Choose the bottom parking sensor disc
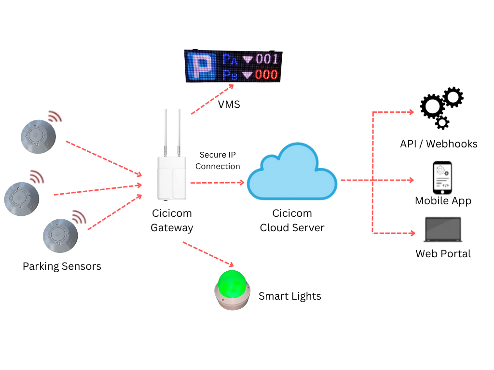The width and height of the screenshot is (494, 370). [60, 235]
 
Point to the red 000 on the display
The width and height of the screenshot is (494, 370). [266, 75]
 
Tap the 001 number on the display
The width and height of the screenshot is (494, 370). [267, 59]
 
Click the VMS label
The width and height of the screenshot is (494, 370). [229, 104]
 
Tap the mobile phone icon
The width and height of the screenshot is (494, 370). [442, 177]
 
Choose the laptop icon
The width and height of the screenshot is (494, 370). [442, 230]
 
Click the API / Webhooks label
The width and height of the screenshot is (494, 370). [439, 144]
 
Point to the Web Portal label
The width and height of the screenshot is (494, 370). [443, 253]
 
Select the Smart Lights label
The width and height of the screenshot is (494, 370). [289, 296]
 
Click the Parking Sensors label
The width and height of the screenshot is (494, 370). [62, 266]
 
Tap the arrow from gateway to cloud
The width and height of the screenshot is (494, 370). [217, 183]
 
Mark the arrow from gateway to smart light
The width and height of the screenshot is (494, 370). [208, 254]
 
